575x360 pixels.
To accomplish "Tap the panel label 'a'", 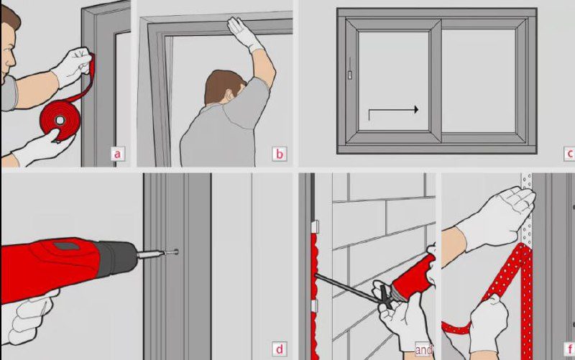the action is pos(117,154).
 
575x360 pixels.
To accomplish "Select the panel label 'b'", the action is pos(280,154).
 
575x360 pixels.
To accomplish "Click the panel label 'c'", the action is pos(569,154).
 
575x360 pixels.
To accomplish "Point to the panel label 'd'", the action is pos(280,349).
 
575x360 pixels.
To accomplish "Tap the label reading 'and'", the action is pos(423,349).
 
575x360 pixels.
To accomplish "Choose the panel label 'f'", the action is pos(569,349).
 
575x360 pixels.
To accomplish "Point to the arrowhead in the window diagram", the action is pos(416,109).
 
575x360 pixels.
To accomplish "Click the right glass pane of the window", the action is pos(479,80).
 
